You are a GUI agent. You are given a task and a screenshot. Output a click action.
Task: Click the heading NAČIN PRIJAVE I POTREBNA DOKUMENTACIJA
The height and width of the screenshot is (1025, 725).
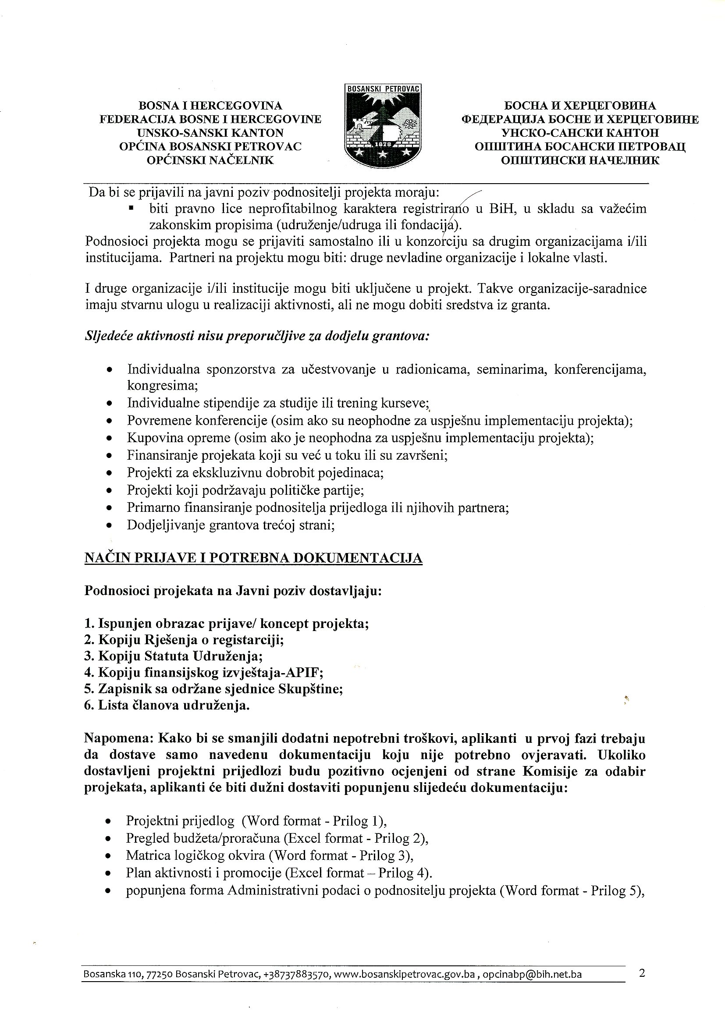click(x=253, y=558)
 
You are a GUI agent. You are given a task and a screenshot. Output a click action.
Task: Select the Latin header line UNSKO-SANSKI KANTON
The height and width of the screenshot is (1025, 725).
click(x=210, y=133)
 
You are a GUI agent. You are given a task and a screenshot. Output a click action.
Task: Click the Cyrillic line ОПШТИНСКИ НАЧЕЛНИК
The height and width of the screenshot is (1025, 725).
click(x=580, y=160)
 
